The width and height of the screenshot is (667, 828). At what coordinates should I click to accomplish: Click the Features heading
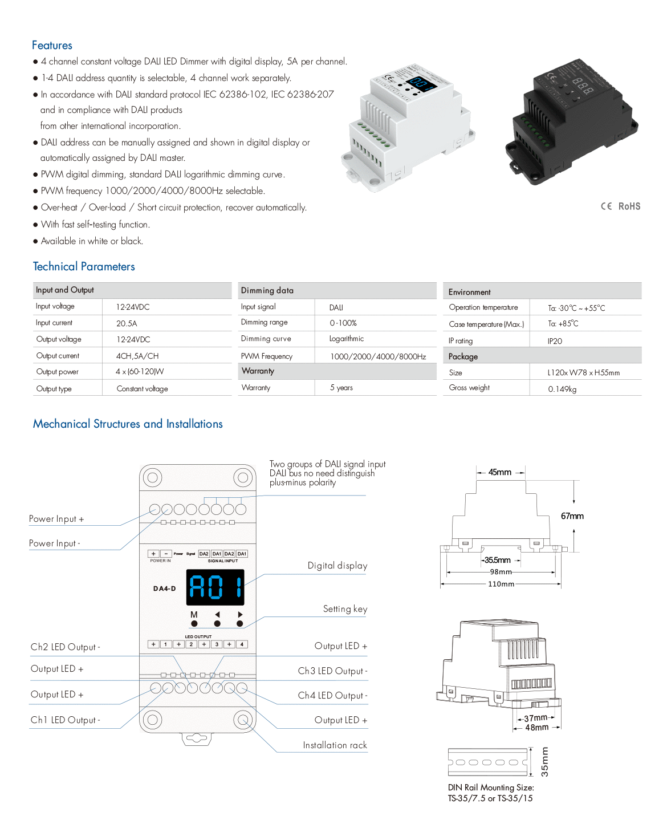(52, 45)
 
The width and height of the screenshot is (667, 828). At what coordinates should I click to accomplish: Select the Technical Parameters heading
(84, 266)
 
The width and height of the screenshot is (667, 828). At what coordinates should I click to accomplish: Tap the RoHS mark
(629, 206)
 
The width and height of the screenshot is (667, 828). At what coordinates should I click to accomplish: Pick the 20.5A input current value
(127, 323)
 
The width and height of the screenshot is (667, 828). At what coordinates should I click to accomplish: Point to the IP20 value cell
(555, 341)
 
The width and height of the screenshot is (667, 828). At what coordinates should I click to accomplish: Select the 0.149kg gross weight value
(562, 389)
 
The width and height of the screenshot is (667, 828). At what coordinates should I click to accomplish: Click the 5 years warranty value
(341, 388)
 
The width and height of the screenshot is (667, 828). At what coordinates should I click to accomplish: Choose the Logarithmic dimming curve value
(347, 339)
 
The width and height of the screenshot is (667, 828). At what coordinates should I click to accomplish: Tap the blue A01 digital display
(215, 587)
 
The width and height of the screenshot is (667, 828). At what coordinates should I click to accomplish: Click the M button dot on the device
(194, 624)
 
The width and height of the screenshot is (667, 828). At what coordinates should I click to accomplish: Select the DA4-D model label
(165, 588)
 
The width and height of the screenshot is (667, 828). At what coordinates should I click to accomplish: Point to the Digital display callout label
(337, 566)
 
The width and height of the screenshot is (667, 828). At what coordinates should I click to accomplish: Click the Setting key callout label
(345, 609)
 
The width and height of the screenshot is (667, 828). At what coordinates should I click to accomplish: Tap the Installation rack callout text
(335, 745)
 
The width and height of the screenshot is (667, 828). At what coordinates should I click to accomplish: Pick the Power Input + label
(56, 519)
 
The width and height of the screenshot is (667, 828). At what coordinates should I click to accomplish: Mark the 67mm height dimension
(572, 516)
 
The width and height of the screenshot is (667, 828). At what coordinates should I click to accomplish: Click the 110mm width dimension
(501, 584)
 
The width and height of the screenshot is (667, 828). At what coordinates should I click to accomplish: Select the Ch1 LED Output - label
(66, 720)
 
